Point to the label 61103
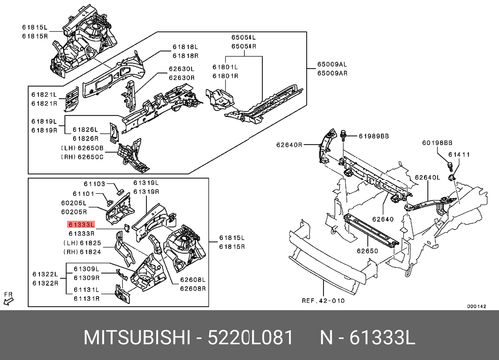point(95,184)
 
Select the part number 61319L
point(146,183)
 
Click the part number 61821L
point(44,95)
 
